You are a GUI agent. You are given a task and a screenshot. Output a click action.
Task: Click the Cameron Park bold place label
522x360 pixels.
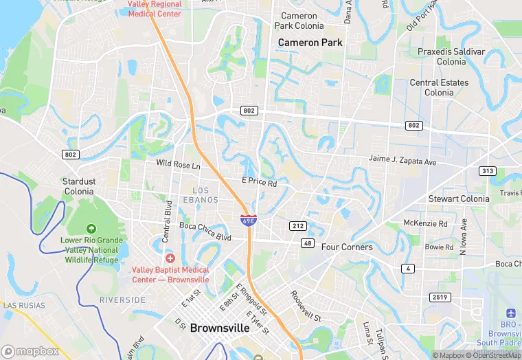[x=310, y=43]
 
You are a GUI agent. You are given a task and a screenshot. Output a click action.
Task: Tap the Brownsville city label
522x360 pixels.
[x=219, y=328]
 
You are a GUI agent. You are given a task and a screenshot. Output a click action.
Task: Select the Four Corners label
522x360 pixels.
[x=347, y=247]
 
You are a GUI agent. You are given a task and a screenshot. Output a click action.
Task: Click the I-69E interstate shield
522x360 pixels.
[x=249, y=220]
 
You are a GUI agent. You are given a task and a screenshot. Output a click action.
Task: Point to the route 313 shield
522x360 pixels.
[x=488, y=171]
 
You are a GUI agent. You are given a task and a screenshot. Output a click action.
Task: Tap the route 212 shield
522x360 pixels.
[x=297, y=225]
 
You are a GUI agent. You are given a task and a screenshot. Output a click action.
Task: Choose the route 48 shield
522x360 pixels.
[x=306, y=243]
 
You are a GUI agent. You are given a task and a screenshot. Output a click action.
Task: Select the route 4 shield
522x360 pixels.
[x=409, y=268]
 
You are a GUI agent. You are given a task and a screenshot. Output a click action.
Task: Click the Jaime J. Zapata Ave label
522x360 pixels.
[x=402, y=160]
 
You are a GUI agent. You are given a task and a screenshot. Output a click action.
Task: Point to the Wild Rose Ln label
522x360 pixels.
[x=178, y=165]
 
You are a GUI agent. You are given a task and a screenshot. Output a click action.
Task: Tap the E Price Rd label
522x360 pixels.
[x=259, y=183]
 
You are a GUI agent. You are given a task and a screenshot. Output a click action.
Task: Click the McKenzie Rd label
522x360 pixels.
[x=425, y=223]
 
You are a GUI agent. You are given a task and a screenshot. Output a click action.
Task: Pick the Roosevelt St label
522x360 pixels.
[x=306, y=306]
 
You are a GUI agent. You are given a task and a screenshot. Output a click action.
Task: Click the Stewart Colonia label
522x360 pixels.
[x=459, y=199]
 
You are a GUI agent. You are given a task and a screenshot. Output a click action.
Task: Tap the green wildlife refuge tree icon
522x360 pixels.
[x=91, y=228]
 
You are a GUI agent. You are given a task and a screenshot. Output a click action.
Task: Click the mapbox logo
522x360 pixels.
[x=32, y=351]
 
